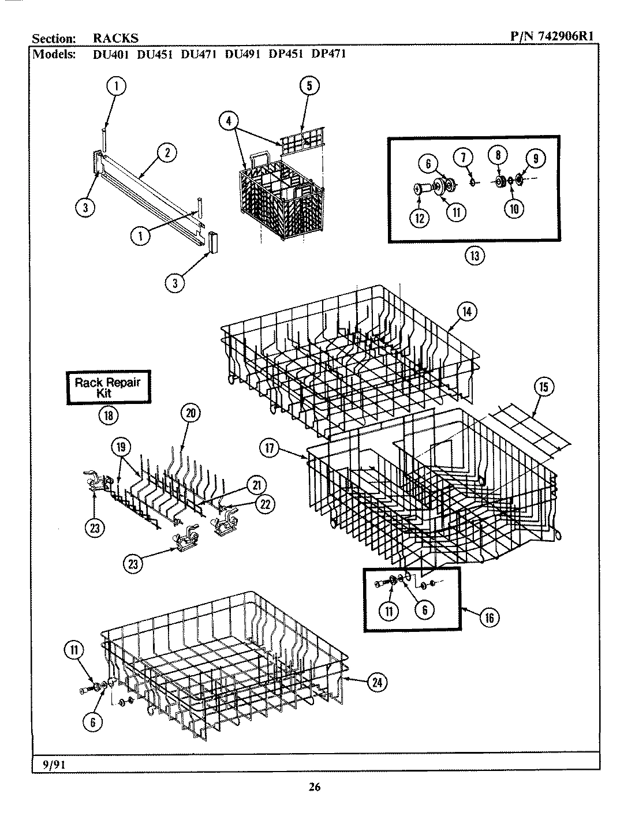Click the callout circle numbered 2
167,153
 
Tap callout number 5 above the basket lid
309,86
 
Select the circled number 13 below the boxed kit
475,256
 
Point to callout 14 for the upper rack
466,311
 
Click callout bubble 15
543,387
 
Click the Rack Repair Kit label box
107,387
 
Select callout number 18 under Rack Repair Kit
107,415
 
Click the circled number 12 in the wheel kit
420,218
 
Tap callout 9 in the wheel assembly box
535,158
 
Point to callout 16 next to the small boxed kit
489,617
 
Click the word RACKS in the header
115,39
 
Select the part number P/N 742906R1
552,38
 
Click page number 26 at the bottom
315,787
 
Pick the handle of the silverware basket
259,158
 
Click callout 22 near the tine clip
264,504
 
